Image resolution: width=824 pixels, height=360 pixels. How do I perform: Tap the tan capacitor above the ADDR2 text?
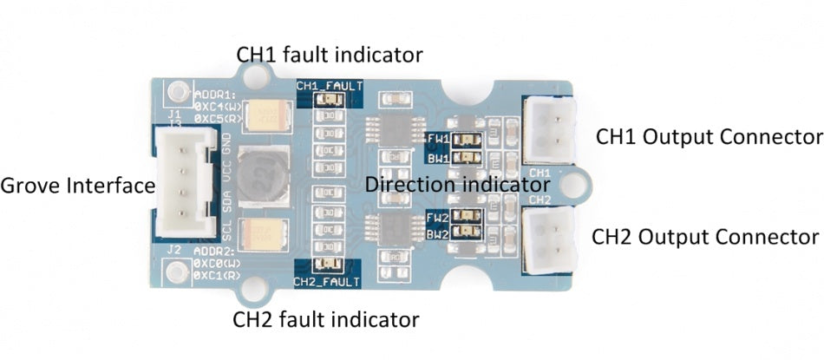point(262,233)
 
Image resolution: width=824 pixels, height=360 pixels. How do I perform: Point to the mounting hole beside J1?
point(179,90)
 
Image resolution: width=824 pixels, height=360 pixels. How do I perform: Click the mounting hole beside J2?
point(179,275)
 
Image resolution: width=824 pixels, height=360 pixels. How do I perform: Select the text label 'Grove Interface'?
point(77,186)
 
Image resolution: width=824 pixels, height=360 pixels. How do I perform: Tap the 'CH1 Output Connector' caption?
point(708,137)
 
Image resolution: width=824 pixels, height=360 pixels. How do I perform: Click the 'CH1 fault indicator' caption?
point(330,56)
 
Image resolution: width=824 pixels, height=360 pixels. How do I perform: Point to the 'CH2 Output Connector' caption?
point(705,237)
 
